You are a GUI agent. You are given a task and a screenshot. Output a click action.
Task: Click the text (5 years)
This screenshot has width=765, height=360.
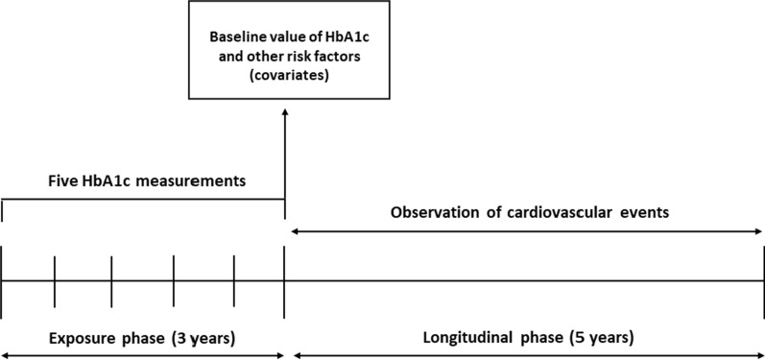coord(603,338)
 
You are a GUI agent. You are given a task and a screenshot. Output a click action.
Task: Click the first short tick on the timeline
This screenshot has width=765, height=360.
coord(55,279)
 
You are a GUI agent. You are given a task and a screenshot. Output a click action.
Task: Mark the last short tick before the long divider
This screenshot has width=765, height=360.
coord(234,279)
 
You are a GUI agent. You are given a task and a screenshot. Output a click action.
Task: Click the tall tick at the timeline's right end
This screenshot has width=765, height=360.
coord(763,281)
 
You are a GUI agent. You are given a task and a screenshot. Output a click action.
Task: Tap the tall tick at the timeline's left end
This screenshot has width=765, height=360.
coord(2,281)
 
